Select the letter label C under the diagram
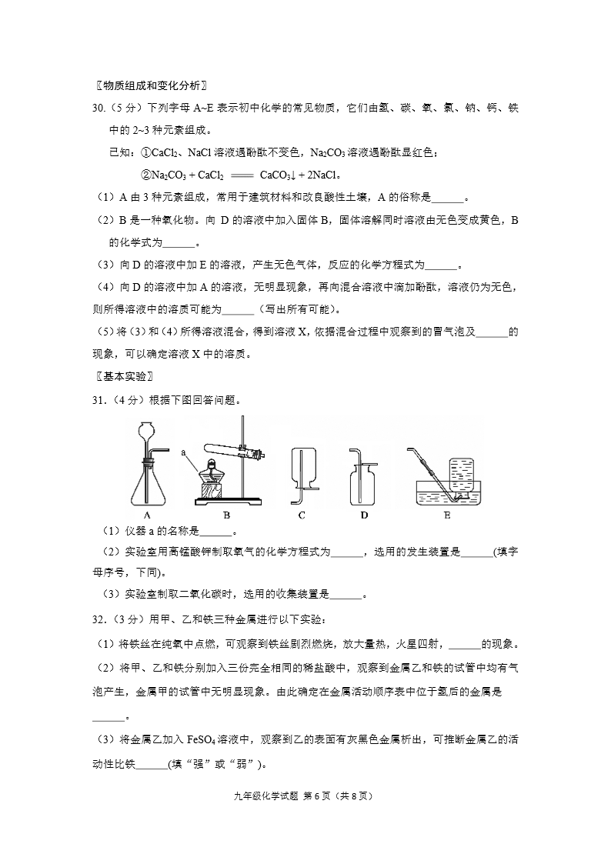pyautogui.click(x=302, y=515)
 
